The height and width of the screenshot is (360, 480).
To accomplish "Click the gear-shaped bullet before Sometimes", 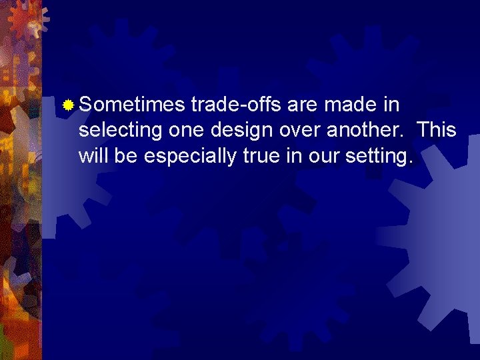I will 67,105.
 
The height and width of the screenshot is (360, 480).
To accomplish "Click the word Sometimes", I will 131,105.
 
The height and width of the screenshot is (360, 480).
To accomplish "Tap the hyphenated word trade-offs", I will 237,105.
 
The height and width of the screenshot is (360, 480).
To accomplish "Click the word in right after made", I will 393,105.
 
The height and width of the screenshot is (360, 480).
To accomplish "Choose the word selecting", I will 121,131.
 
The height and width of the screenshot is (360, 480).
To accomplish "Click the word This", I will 436,131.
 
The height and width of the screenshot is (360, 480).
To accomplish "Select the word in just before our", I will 295,156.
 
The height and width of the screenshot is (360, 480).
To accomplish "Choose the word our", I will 323,156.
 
